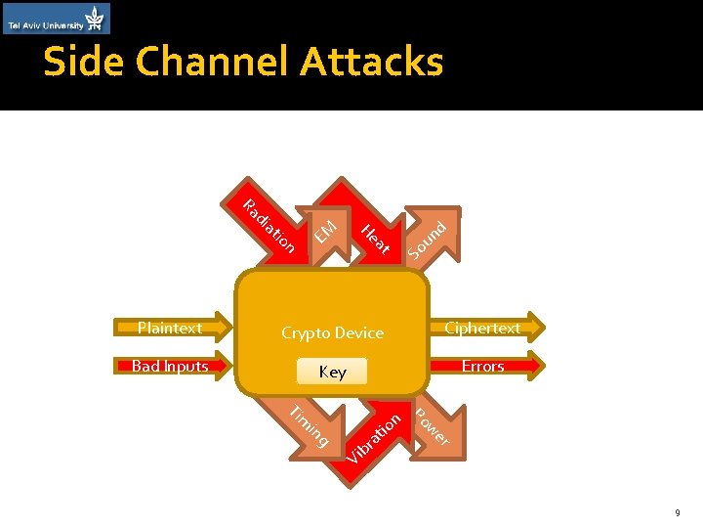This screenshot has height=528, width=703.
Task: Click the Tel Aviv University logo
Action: tap(56, 19)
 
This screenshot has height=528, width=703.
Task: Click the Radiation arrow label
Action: tap(269, 227)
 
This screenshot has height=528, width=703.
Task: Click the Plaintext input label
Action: tap(170, 329)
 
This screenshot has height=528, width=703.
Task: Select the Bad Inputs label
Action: tap(170, 367)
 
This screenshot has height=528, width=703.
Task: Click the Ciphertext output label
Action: tap(482, 329)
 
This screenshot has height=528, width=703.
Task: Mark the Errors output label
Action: tap(482, 367)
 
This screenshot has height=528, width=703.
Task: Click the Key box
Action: tap(332, 372)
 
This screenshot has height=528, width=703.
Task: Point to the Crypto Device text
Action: tap(332, 333)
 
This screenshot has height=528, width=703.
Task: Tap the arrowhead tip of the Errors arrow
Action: tap(543, 367)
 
